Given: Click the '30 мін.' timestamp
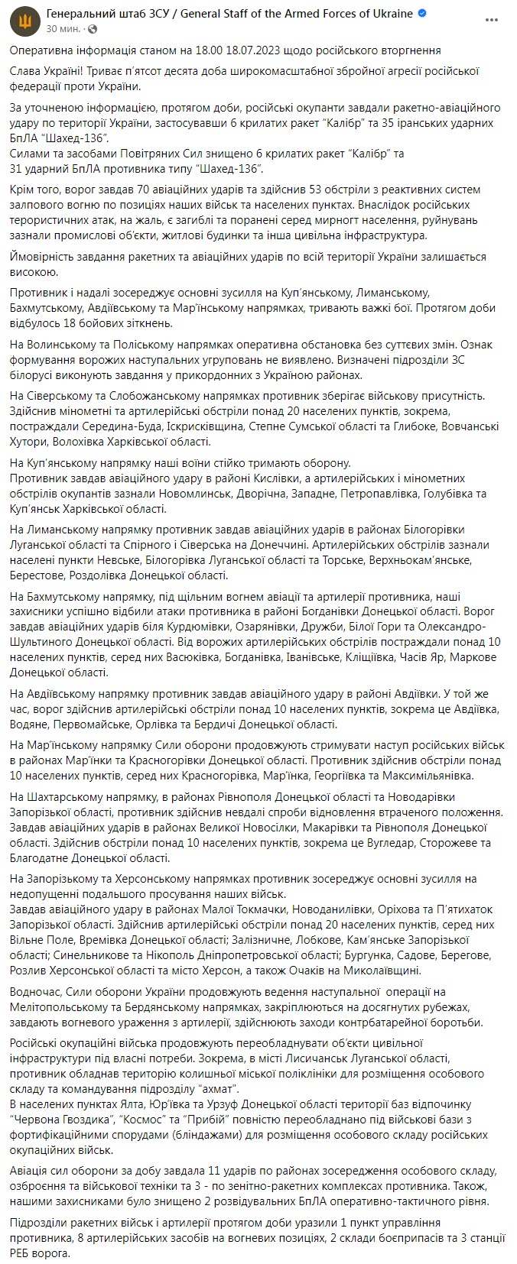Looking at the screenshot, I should tap(62, 28).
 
